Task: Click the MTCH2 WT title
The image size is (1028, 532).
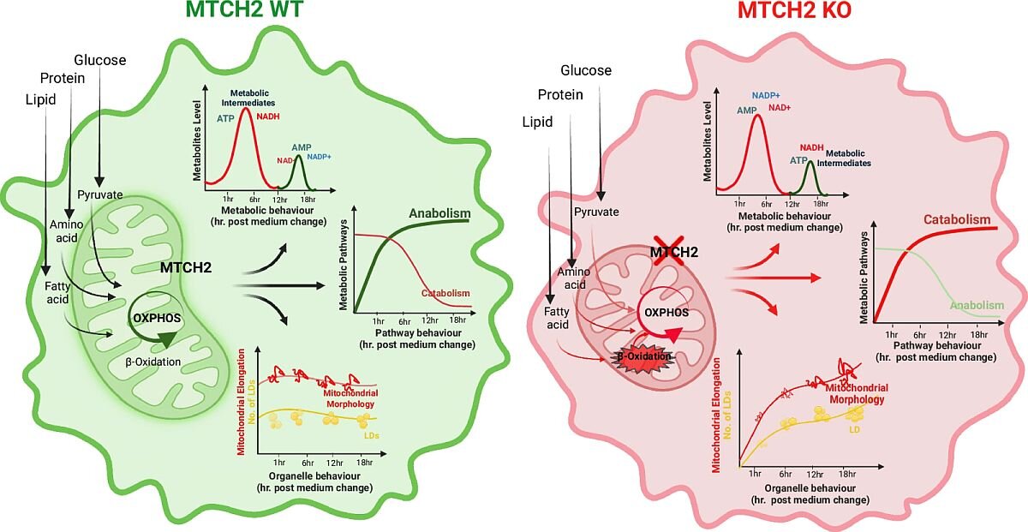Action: click(x=244, y=9)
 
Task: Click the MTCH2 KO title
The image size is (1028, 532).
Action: click(x=794, y=9)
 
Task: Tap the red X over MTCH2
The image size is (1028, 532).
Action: click(x=669, y=251)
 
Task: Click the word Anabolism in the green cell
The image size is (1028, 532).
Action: click(x=439, y=213)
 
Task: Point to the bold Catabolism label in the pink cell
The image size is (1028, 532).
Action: click(x=957, y=219)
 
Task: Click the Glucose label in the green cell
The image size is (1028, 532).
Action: click(x=100, y=60)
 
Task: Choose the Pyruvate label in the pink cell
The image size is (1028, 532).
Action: click(x=596, y=212)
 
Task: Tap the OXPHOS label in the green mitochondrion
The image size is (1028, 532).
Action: click(x=157, y=318)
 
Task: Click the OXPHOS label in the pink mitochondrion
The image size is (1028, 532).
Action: click(x=666, y=313)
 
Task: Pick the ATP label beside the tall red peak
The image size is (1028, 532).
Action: click(x=225, y=119)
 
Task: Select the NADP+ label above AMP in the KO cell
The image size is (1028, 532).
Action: click(x=766, y=95)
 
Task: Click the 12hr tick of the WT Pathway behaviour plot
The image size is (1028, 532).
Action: click(x=429, y=320)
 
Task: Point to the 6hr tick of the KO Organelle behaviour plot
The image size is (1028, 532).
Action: click(x=786, y=474)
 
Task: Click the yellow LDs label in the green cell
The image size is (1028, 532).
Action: click(x=371, y=435)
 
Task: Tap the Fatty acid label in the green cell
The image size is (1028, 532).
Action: click(x=57, y=293)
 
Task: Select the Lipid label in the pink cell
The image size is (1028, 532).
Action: click(x=537, y=123)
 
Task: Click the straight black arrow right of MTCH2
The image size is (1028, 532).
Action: click(x=279, y=286)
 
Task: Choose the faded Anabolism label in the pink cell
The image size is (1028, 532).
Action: click(x=977, y=305)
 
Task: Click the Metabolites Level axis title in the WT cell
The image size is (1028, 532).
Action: click(x=197, y=140)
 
